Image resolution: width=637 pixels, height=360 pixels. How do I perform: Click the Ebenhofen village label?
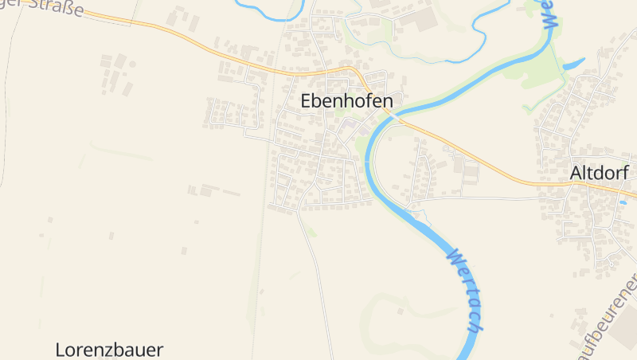pos(346,101)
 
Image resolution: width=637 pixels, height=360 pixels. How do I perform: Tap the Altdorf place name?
pos(599,173)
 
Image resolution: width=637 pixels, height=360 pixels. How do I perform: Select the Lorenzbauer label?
pos(109,349)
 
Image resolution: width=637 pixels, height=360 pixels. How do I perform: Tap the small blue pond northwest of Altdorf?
pos(573,63)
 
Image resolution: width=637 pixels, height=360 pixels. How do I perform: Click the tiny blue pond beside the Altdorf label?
pos(623,202)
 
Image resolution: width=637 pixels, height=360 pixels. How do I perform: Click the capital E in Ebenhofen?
pos(307,101)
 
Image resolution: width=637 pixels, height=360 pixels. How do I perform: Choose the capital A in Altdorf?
pos(576,173)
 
